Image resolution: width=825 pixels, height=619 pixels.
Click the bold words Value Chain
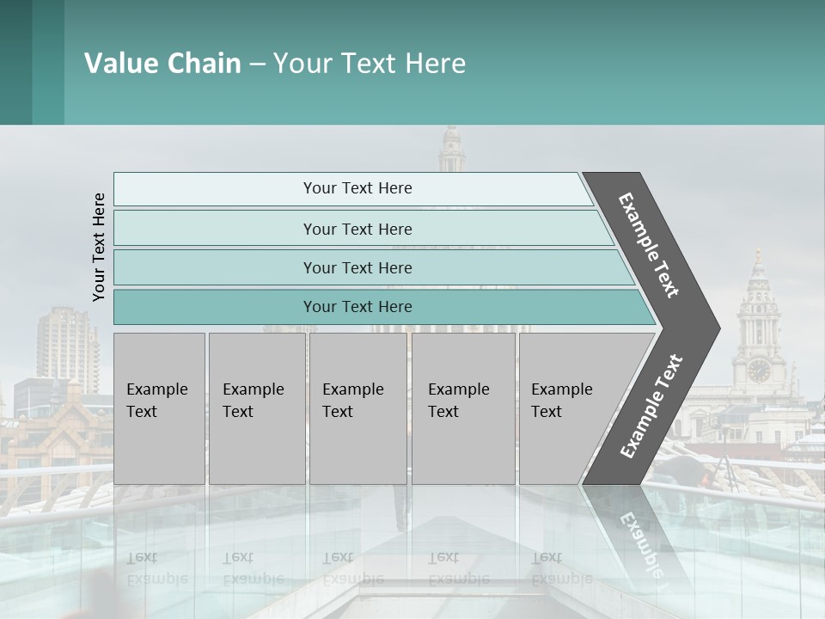coord(162,64)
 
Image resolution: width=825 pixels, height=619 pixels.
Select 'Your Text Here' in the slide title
coord(370,64)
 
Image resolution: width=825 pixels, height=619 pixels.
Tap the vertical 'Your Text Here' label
coord(99,247)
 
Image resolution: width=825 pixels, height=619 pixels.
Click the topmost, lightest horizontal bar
coord(357,188)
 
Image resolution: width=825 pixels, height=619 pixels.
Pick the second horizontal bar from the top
coord(357,229)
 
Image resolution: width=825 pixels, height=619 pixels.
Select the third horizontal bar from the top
coord(357,267)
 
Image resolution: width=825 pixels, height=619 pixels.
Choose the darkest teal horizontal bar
coord(357,307)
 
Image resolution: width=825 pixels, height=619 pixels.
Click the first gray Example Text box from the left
coord(159,408)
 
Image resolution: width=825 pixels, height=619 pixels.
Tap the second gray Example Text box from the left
coord(256,408)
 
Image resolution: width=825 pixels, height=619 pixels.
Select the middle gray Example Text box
coord(357,408)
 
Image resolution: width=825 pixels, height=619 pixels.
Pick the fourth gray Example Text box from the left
coord(462,408)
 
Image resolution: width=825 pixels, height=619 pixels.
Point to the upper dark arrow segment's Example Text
coord(650,245)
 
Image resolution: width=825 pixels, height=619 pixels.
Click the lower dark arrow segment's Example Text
coord(651,407)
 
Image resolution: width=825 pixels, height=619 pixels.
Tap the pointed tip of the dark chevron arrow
coord(715,328)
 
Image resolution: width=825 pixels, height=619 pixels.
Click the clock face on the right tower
coord(759,370)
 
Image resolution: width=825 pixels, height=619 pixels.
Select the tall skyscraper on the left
coord(67,344)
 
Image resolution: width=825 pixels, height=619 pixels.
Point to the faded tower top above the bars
coord(451,150)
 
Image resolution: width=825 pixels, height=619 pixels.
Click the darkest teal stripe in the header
coord(15,62)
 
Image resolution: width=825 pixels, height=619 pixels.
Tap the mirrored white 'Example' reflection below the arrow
coord(641,542)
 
